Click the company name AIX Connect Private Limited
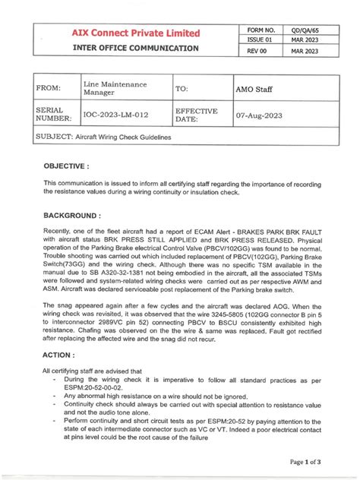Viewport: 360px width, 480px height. coord(136,33)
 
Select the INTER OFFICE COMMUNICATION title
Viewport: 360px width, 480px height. coord(136,48)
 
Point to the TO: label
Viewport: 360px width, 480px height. coord(182,90)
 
